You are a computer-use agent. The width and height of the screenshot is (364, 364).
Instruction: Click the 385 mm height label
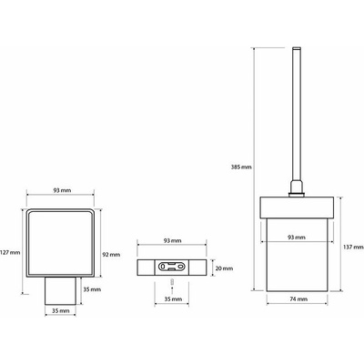[242, 167]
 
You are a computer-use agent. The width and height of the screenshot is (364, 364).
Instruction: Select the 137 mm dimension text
[353, 248]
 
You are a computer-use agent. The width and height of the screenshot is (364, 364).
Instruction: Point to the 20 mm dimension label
[224, 268]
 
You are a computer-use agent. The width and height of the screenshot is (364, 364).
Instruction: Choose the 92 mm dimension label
[111, 255]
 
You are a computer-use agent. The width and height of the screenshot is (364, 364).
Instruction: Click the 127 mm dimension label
[10, 252]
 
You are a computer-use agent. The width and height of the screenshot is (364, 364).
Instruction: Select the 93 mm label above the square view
[62, 190]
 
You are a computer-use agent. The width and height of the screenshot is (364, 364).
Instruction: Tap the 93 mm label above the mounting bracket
[173, 240]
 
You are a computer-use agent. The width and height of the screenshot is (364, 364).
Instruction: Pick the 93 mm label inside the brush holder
[297, 238]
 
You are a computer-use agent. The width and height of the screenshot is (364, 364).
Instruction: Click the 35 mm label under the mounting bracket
[173, 299]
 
